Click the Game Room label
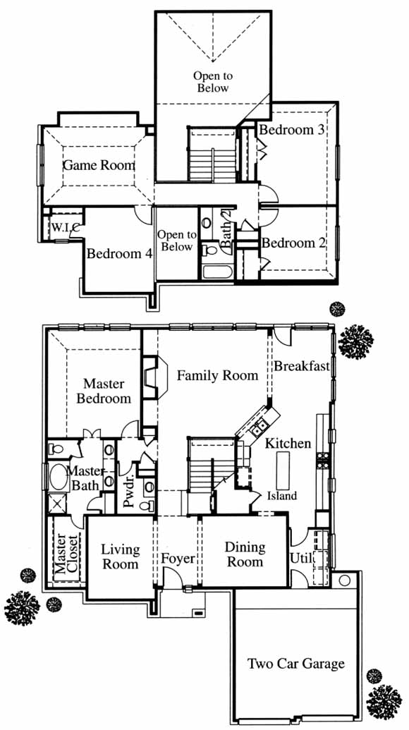pos(99,165)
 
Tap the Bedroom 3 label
pos(291,130)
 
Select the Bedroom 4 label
pos(120,254)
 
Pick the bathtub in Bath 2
pos(218,271)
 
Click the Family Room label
pos(217,375)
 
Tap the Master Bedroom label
pos(103,391)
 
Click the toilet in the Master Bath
pos(56,450)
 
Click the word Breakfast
pos(302,366)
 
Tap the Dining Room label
pos(245,554)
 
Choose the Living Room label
pos(121,556)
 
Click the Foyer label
pos(178,558)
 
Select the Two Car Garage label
pos(296,663)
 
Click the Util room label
pos(302,557)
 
